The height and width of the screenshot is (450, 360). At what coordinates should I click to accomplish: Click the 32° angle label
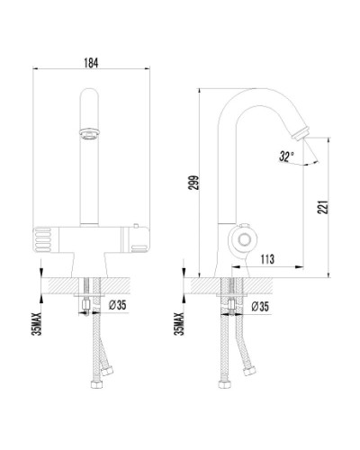[x=286, y=155]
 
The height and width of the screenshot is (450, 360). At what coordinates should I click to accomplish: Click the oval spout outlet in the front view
[x=90, y=132]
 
